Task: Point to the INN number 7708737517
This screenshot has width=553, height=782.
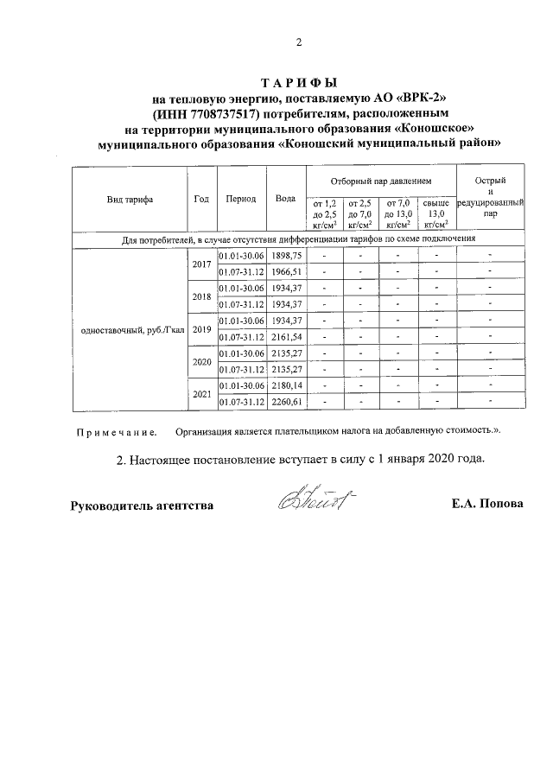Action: [x=219, y=113]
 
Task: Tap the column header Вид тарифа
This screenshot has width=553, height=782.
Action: [x=130, y=198]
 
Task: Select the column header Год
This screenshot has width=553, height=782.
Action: [x=201, y=198]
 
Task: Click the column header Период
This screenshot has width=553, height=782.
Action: [x=240, y=198]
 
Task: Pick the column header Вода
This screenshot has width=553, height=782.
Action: [x=285, y=198]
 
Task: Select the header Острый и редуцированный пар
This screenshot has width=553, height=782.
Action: [x=490, y=198]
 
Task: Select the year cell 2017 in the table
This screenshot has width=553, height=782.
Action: [x=201, y=264]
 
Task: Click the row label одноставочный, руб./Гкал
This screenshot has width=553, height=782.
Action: [x=130, y=329]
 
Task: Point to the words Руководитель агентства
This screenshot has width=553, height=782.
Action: [x=142, y=505]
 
